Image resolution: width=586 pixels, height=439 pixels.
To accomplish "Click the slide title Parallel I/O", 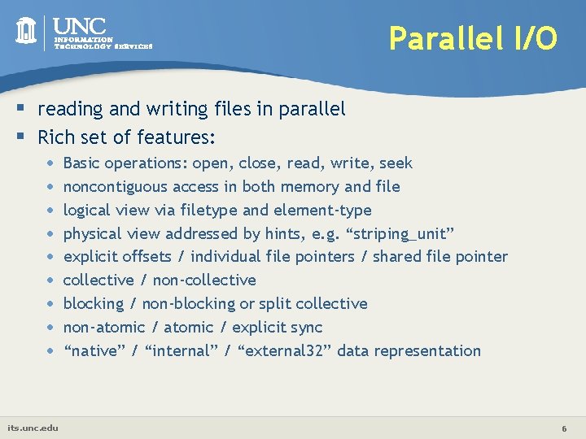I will (x=473, y=37).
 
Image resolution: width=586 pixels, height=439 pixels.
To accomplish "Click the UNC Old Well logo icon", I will (x=26, y=31).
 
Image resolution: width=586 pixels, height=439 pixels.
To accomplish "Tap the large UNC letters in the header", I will (x=82, y=26).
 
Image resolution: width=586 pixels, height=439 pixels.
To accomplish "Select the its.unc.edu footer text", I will (x=33, y=428).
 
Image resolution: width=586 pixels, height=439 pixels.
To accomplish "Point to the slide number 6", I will (x=563, y=428).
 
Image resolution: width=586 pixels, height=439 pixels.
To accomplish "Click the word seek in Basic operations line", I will (x=395, y=163).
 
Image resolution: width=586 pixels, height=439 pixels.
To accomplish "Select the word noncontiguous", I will (x=115, y=187).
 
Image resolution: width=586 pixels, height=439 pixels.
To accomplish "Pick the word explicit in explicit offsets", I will (x=90, y=257).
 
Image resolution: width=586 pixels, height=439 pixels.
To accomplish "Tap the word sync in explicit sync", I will (x=306, y=328).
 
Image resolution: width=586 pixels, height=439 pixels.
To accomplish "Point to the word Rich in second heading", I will (x=55, y=136).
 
